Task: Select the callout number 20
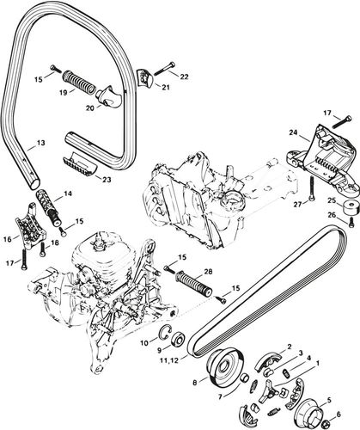coord(91,108)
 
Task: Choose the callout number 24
coord(293,133)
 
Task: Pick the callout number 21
coord(166,86)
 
